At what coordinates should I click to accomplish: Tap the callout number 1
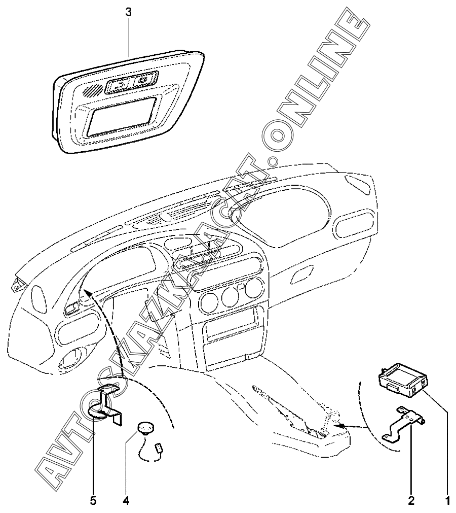point(447,501)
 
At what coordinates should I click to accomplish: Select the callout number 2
point(411,501)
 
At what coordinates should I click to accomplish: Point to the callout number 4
point(125,501)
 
